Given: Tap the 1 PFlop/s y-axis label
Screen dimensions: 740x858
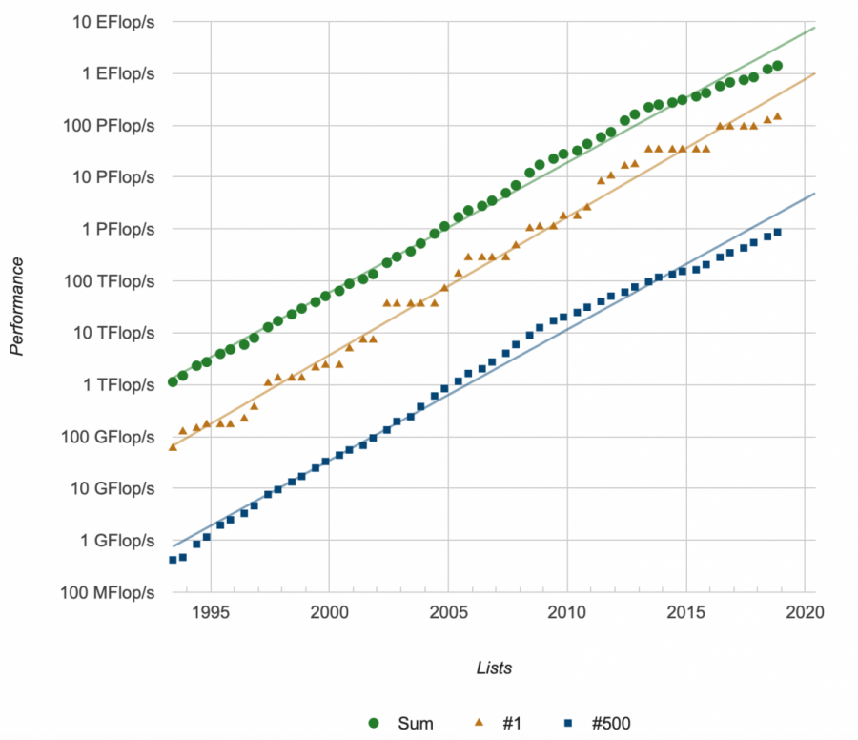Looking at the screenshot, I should pyautogui.click(x=115, y=230).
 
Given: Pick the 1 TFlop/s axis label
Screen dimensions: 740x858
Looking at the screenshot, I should pyautogui.click(x=115, y=385).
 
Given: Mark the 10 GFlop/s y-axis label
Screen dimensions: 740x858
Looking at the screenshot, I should pyautogui.click(x=111, y=489).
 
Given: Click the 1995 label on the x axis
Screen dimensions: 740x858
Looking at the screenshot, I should pyautogui.click(x=210, y=609).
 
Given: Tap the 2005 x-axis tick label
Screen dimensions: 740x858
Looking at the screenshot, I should pyautogui.click(x=448, y=609).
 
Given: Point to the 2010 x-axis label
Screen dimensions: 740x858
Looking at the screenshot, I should pyautogui.click(x=567, y=609).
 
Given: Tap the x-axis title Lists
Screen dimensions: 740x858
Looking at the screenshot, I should pyautogui.click(x=494, y=668).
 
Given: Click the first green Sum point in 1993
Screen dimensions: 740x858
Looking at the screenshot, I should pyautogui.click(x=173, y=381).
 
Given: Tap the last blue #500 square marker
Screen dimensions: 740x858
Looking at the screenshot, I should pyautogui.click(x=778, y=232).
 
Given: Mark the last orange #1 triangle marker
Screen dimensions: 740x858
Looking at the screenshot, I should pyautogui.click(x=778, y=116).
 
